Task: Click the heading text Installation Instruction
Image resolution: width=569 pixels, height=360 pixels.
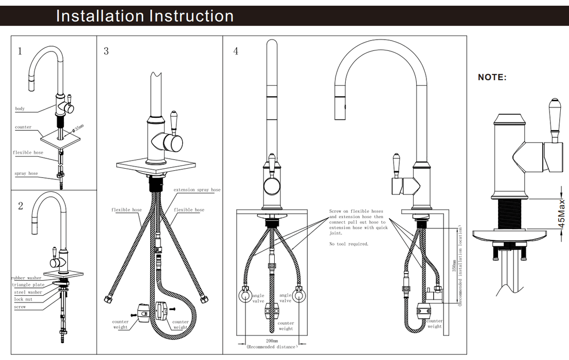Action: tap(145, 16)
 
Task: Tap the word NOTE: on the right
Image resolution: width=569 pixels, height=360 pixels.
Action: tap(492, 77)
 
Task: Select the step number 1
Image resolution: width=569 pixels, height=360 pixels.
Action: tap(20, 51)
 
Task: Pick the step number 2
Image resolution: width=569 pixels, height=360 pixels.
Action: tap(20, 206)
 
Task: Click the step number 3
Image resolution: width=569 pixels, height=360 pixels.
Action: tap(106, 51)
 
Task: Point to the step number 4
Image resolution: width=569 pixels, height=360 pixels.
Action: tap(236, 51)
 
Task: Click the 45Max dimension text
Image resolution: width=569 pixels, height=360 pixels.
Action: tap(562, 214)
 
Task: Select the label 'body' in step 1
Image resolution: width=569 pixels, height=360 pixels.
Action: tap(20, 109)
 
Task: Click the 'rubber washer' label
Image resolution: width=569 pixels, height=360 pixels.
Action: tap(26, 278)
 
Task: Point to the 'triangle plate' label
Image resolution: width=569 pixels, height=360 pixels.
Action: tap(28, 285)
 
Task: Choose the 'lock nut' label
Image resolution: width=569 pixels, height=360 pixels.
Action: tap(23, 299)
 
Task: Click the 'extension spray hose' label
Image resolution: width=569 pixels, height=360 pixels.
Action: tap(197, 190)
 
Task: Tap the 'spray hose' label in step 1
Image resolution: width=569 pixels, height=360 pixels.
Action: tap(26, 174)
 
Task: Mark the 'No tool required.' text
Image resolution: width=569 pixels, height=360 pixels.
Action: tap(349, 244)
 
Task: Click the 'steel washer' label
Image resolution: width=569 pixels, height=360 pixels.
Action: tap(28, 292)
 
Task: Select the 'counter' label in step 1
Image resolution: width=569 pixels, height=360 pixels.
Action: tap(23, 127)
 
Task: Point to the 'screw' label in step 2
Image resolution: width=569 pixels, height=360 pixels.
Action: tap(20, 307)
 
